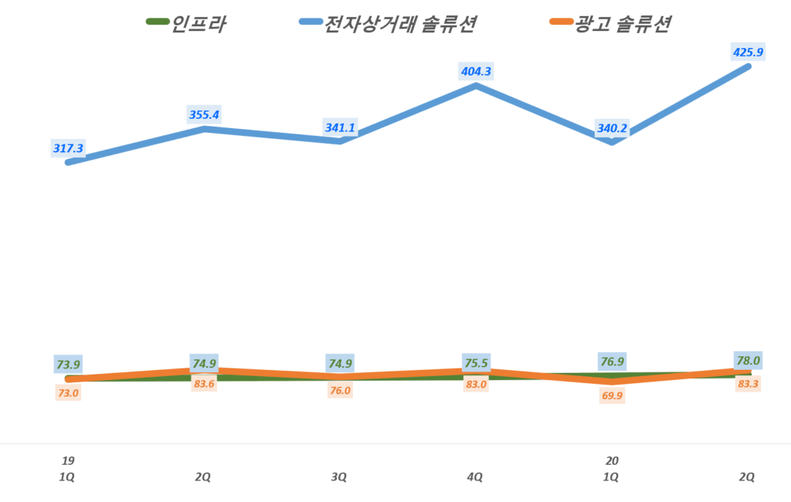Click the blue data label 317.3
[x=68, y=147]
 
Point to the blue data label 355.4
[x=204, y=114]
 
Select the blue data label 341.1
[x=340, y=127]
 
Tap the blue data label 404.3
[x=476, y=71]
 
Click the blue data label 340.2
[x=612, y=129]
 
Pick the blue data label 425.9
[x=748, y=53]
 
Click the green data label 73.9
[x=68, y=364]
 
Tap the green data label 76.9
[x=612, y=361]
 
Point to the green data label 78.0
[x=748, y=360]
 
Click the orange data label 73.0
[x=68, y=392]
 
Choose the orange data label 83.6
[x=204, y=384]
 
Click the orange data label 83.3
[x=748, y=383]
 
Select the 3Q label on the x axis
[x=339, y=477]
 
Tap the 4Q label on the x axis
[x=475, y=477]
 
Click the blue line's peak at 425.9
[x=748, y=66]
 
